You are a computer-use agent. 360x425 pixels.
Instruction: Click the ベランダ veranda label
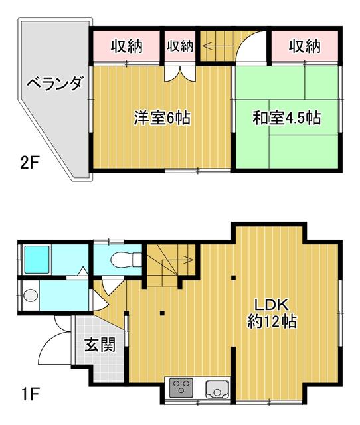[x=54, y=83]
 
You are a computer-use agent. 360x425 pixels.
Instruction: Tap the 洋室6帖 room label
[x=162, y=118]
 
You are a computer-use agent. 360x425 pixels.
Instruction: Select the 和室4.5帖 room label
[x=287, y=118]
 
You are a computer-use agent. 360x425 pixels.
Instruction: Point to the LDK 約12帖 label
[x=272, y=313]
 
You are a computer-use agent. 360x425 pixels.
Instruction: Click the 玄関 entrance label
[x=100, y=344]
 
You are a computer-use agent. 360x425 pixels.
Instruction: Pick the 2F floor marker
[x=30, y=163]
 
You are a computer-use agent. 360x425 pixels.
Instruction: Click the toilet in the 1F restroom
[x=126, y=260]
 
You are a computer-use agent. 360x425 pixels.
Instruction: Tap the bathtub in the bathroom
[x=37, y=260]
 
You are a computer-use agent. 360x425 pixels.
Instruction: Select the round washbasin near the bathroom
[x=31, y=295]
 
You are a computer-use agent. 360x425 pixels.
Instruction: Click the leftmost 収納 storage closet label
[x=127, y=46]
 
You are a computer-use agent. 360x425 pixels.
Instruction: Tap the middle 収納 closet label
[x=180, y=46]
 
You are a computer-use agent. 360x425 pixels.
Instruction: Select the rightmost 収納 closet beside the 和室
[x=304, y=46]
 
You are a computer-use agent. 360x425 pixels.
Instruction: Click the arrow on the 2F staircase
[x=218, y=46]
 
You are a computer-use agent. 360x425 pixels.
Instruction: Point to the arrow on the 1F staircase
[x=177, y=260]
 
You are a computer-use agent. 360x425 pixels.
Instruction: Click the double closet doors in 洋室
[x=180, y=73]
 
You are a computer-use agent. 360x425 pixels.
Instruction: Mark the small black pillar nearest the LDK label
[x=233, y=278]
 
